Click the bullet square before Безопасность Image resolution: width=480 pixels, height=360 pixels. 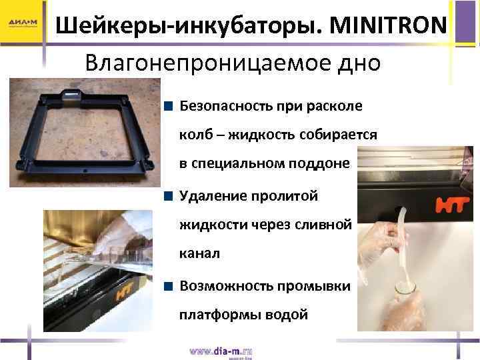coord(170,105)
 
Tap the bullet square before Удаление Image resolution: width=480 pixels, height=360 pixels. coord(170,197)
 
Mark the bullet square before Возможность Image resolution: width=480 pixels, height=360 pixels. coord(170,286)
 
